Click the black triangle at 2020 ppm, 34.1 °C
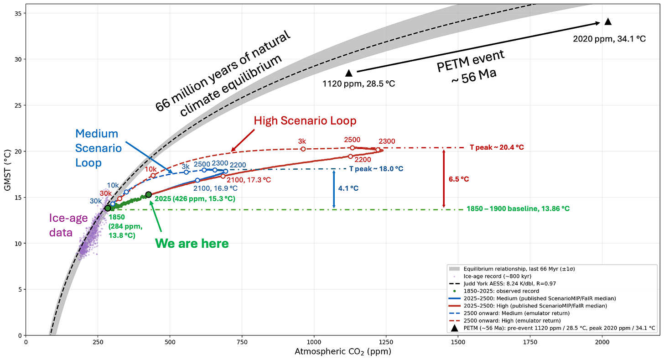(x=608, y=21)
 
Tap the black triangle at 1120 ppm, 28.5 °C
(x=349, y=73)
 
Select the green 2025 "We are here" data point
(x=149, y=194)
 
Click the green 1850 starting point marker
(x=108, y=208)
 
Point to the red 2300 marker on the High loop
(x=378, y=150)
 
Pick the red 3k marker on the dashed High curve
(x=303, y=149)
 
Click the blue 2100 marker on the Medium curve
(x=197, y=180)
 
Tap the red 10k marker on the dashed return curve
(x=153, y=176)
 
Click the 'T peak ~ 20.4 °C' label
(x=497, y=147)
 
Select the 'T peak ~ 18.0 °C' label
(x=376, y=169)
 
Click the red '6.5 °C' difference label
(x=459, y=179)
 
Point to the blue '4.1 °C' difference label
(x=348, y=188)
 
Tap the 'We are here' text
(x=192, y=244)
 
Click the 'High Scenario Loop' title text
(x=305, y=121)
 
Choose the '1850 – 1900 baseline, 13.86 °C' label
(x=518, y=209)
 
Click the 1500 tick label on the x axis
(x=458, y=342)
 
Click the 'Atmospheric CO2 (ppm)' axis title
(x=343, y=352)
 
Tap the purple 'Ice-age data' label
(x=68, y=225)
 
